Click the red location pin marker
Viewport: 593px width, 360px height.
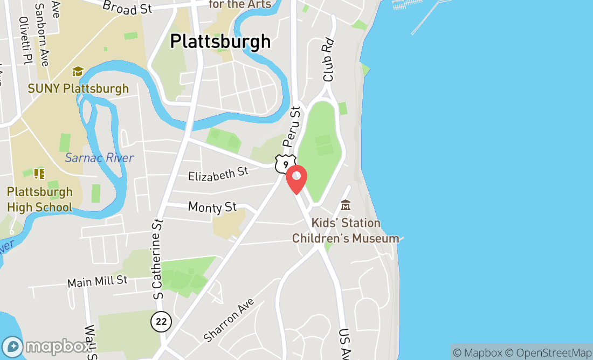click(296, 179)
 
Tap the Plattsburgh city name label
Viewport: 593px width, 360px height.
click(220, 41)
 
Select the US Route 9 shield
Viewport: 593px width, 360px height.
click(285, 163)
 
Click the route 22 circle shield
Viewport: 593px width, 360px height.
click(161, 322)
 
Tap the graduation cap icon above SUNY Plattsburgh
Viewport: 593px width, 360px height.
click(78, 72)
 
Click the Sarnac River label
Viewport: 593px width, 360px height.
click(99, 158)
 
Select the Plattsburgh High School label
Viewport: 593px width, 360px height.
click(40, 199)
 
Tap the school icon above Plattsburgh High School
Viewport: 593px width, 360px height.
click(39, 174)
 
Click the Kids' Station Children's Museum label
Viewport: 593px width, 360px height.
click(346, 231)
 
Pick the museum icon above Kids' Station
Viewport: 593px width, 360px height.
click(346, 205)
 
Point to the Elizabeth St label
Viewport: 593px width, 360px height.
click(218, 174)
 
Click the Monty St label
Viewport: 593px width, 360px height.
click(212, 206)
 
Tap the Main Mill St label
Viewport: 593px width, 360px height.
click(97, 280)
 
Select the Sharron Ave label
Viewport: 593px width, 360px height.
click(229, 320)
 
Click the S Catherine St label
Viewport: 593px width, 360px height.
click(158, 259)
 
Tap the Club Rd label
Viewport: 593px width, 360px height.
click(329, 60)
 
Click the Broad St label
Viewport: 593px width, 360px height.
click(128, 7)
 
